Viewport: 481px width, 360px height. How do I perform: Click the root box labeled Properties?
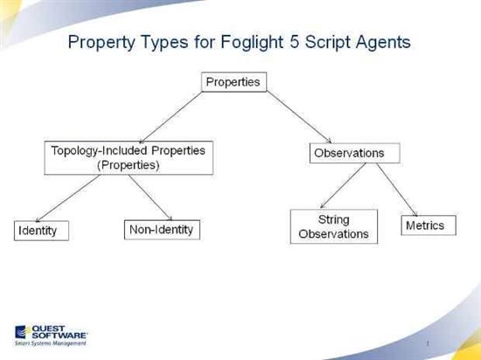pyautogui.click(x=234, y=82)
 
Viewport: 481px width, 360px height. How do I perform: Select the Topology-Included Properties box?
pyautogui.click(x=129, y=158)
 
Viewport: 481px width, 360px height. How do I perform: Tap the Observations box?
pyautogui.click(x=354, y=153)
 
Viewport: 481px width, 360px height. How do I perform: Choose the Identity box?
pyautogui.click(x=41, y=231)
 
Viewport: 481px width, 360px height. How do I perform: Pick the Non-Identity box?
pyautogui.click(x=162, y=230)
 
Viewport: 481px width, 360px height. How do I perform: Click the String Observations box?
pyautogui.click(x=334, y=226)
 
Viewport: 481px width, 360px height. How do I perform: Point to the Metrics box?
pyautogui.click(x=429, y=225)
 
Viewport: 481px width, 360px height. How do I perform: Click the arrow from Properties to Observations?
pyautogui.click(x=299, y=117)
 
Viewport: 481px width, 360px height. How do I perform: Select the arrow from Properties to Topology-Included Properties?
pyautogui.click(x=171, y=117)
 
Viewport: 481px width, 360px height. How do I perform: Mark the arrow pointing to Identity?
pyautogui.click(x=68, y=198)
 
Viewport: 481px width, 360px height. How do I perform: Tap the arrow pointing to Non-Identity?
pyautogui.click(x=150, y=197)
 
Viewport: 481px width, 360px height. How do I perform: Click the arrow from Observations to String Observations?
pyautogui.click(x=343, y=185)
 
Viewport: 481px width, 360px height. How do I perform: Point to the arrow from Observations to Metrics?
pyautogui.click(x=397, y=190)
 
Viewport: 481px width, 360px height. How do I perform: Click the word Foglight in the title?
pyautogui.click(x=252, y=42)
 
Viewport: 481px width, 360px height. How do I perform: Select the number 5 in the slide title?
pyautogui.click(x=294, y=41)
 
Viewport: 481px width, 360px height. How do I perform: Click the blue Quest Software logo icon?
pyautogui.click(x=21, y=332)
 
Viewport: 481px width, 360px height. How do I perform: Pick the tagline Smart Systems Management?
pyautogui.click(x=51, y=343)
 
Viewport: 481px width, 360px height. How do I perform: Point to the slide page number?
pyautogui.click(x=428, y=343)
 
